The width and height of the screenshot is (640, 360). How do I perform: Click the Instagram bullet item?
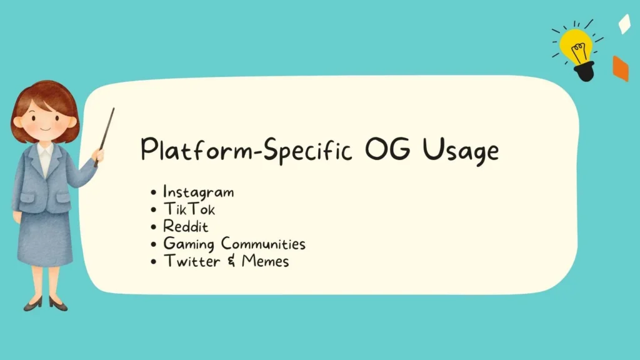click(x=198, y=192)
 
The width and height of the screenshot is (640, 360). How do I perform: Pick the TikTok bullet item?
click(x=189, y=209)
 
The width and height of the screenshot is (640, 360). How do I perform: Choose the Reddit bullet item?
click(x=186, y=226)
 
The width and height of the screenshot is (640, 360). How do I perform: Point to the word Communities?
click(x=263, y=244)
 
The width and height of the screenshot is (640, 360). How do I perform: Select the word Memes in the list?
click(x=265, y=261)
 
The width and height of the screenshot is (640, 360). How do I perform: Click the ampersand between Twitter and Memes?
click(x=229, y=261)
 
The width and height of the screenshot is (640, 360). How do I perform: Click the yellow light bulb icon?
click(x=576, y=47)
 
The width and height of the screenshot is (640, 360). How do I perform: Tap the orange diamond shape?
click(x=621, y=69)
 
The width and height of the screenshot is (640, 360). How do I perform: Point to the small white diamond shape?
click(x=624, y=24)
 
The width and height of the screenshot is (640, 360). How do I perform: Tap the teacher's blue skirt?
click(x=45, y=237)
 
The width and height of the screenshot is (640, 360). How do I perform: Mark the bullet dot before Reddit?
click(x=154, y=227)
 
